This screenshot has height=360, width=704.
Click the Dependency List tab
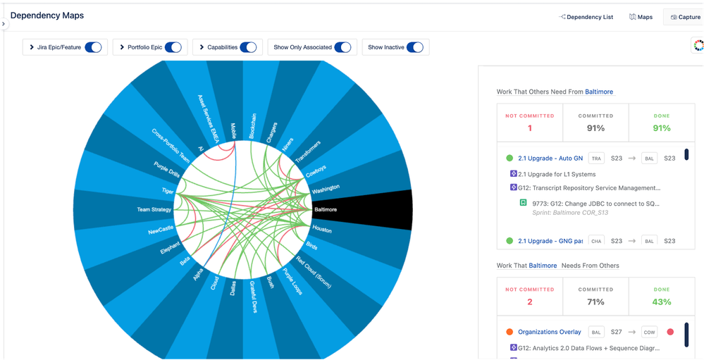(586, 17)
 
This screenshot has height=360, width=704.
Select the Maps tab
(641, 17)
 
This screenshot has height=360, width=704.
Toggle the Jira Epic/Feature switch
(93, 47)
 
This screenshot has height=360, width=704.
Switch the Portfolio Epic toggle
(173, 47)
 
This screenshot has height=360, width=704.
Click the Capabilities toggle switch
(248, 47)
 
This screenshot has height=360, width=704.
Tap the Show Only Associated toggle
(342, 47)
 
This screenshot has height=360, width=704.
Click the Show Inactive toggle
(414, 47)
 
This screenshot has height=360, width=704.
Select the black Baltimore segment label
(326, 209)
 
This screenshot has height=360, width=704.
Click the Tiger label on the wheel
(168, 191)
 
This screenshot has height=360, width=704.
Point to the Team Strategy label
(154, 209)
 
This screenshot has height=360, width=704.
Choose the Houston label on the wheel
(322, 230)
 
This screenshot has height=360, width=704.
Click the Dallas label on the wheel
(233, 287)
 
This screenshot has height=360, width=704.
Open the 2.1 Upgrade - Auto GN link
(550, 159)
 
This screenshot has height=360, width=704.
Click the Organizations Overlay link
(550, 332)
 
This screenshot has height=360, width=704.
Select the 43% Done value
(661, 302)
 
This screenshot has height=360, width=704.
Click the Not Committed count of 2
(529, 302)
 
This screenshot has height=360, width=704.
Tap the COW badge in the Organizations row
(649, 332)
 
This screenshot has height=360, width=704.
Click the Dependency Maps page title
(47, 15)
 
